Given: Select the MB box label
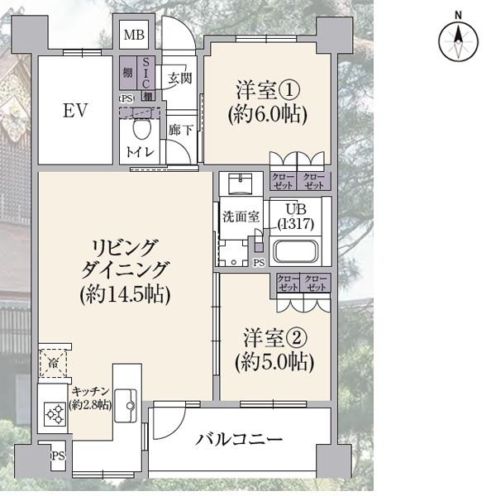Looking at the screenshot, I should [134, 36].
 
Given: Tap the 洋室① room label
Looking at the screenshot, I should [266, 88].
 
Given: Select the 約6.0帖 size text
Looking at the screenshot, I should [266, 114].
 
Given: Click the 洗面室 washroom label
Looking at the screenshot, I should [241, 217].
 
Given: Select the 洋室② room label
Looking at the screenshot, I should [274, 337].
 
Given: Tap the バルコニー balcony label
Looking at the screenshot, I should [240, 439].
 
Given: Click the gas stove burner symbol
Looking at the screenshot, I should [54, 413].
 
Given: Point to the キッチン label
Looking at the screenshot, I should [89, 391].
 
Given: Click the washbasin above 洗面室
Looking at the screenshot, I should [243, 183].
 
